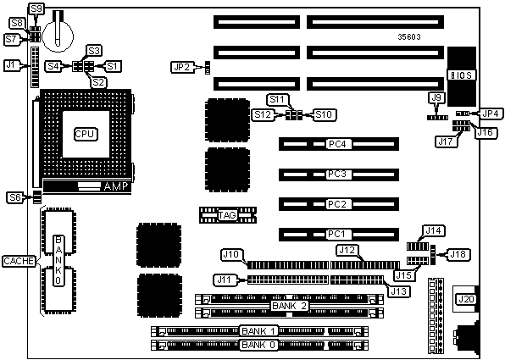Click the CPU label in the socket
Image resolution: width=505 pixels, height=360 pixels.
tap(86, 134)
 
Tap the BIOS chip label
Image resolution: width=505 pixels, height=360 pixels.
tap(461, 75)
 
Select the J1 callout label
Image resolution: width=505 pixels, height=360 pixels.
tap(11, 65)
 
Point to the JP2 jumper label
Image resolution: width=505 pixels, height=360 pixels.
tap(182, 67)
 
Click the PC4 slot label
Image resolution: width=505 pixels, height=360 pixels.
tap(337, 144)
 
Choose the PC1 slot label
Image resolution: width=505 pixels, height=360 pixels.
tap(336, 234)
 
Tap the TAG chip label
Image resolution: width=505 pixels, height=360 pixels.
tap(227, 215)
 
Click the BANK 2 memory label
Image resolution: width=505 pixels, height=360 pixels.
tap(289, 306)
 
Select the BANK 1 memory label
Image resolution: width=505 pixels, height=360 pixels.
tap(258, 330)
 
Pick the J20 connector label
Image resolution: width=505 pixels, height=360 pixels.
tap(466, 299)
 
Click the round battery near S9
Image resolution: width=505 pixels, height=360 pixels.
tap(58, 36)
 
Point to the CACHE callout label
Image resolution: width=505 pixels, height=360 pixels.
tap(19, 261)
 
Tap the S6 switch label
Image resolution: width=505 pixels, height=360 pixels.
tap(15, 197)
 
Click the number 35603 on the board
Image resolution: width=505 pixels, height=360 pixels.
tap(409, 37)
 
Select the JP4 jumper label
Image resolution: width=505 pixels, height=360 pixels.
tap(491, 114)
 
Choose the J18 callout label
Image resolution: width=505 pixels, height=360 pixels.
tap(458, 254)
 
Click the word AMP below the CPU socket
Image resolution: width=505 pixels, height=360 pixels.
tap(116, 186)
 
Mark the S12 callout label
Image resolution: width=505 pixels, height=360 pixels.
tap(264, 114)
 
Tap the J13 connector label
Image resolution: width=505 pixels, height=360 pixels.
tap(399, 291)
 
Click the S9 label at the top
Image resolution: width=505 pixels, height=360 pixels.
tap(36, 8)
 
